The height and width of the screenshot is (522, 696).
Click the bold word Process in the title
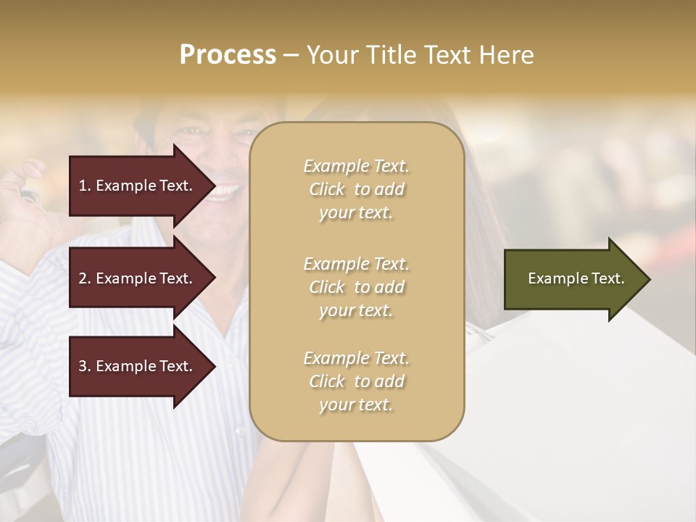pyautogui.click(x=228, y=55)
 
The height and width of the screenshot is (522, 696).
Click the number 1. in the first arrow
pyautogui.click(x=84, y=186)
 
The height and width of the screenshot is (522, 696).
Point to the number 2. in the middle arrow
pyautogui.click(x=84, y=278)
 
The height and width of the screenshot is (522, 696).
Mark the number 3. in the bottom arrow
pyautogui.click(x=84, y=366)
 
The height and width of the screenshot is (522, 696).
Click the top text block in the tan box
pyautogui.click(x=356, y=189)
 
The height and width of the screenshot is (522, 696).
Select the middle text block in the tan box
pyautogui.click(x=356, y=287)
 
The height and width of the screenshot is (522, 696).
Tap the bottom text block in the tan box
pyautogui.click(x=356, y=381)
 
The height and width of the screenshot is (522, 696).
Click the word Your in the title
pyautogui.click(x=332, y=55)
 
